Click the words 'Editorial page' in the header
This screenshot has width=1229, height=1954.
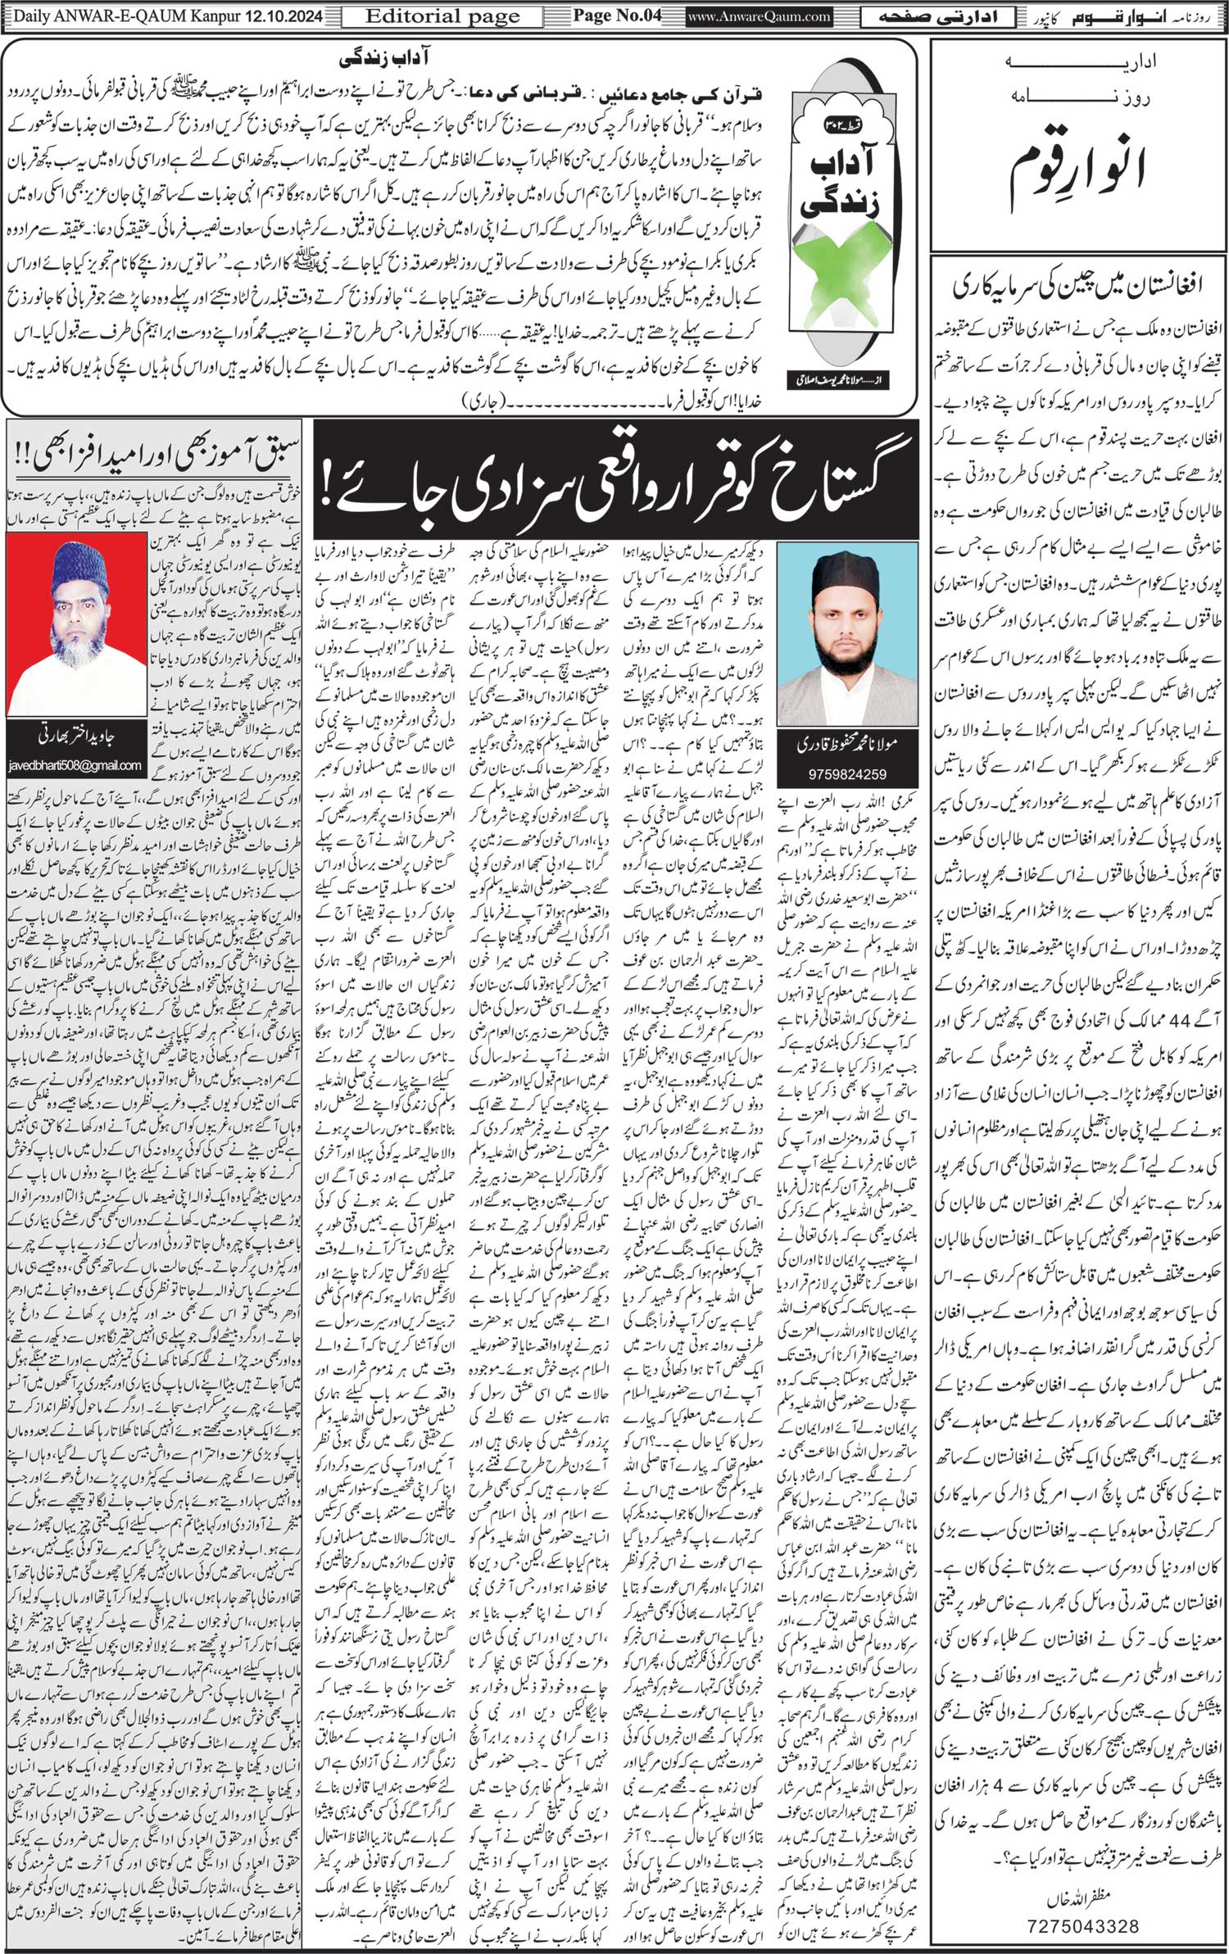(x=442, y=16)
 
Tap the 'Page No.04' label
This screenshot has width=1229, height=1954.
(x=616, y=16)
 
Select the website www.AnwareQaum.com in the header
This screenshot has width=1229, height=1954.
(x=759, y=16)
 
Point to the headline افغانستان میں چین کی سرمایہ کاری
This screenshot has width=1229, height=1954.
(x=1078, y=287)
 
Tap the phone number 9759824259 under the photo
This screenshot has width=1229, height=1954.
(x=847, y=773)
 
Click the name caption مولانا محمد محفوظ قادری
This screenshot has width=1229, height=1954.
(x=847, y=744)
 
